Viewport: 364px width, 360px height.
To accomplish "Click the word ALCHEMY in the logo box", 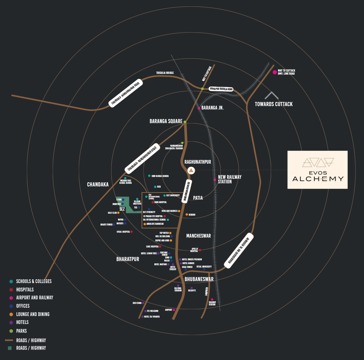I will pyautogui.click(x=318, y=179).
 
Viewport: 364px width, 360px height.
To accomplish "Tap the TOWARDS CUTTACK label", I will pyautogui.click(x=273, y=104).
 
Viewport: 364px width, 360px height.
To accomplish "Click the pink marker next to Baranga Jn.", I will pyautogui.click(x=199, y=108).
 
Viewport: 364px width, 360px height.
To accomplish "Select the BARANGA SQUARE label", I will pyautogui.click(x=166, y=122).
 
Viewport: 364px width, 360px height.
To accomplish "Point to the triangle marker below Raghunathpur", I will pyautogui.click(x=191, y=171).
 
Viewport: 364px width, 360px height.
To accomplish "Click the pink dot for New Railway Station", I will pyautogui.click(x=215, y=180).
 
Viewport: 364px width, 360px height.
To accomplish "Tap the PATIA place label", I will pyautogui.click(x=198, y=198).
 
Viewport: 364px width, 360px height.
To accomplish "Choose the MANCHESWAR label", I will pyautogui.click(x=198, y=236).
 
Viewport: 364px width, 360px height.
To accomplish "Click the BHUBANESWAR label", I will pyautogui.click(x=199, y=279).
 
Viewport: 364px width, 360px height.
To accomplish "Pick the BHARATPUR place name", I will pyautogui.click(x=128, y=259).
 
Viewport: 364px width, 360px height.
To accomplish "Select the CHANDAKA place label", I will pyautogui.click(x=98, y=185).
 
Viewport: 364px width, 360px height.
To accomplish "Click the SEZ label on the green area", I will pyautogui.click(x=122, y=209).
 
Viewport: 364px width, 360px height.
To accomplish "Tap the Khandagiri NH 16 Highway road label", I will pyautogui.click(x=238, y=250).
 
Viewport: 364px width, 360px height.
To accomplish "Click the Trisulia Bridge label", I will pyautogui.click(x=165, y=73).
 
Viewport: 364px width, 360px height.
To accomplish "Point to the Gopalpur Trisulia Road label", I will pyautogui.click(x=221, y=89).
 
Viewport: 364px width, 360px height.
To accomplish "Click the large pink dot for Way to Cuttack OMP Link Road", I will pyautogui.click(x=275, y=72).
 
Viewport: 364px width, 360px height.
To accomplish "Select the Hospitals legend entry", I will pyautogui.click(x=25, y=290).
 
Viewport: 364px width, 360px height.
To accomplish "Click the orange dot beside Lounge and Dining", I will pyautogui.click(x=11, y=314).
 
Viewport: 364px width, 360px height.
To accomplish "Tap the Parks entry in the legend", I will pyautogui.click(x=21, y=331).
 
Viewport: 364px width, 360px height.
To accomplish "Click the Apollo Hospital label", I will pyautogui.click(x=194, y=250).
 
